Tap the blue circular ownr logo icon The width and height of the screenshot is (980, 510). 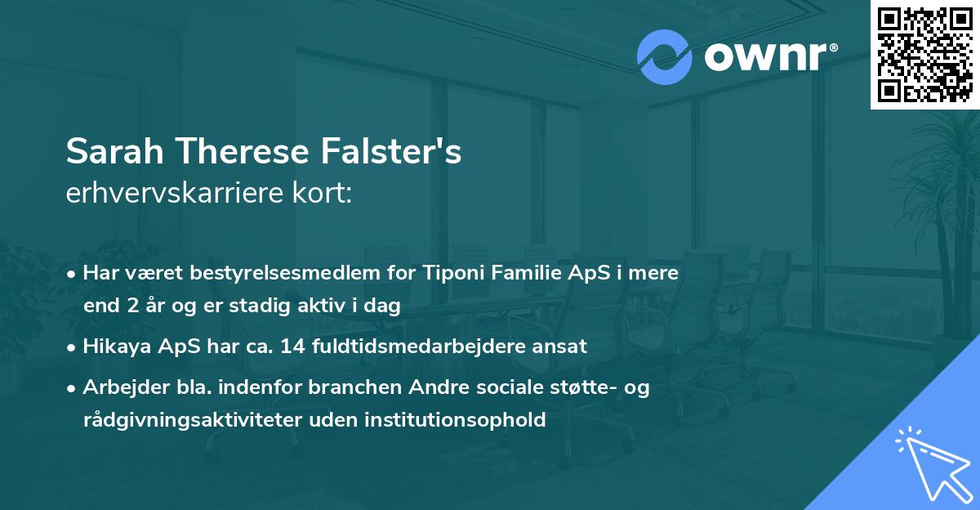point(665,56)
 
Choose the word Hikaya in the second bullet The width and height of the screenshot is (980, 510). point(114,347)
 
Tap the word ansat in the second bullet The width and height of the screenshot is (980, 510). point(563,347)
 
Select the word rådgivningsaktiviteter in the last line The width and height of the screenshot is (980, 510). point(185,421)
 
